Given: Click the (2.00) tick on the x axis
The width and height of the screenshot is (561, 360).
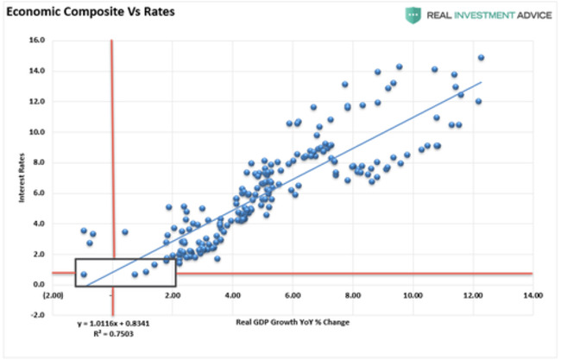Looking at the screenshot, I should pyautogui.click(x=53, y=295).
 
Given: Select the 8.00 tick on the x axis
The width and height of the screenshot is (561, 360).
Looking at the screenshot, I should pyautogui.click(x=352, y=295).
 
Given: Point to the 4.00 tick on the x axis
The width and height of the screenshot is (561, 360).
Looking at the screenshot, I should pyautogui.click(x=232, y=295).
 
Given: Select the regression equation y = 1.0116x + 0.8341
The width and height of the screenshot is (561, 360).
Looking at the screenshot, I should pyautogui.click(x=113, y=323).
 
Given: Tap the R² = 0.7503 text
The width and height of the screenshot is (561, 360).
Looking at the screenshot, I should pyautogui.click(x=113, y=333).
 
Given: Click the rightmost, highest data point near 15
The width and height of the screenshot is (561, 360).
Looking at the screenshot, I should pyautogui.click(x=481, y=58).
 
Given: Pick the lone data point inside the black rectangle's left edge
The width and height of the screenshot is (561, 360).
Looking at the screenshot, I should pyautogui.click(x=84, y=275).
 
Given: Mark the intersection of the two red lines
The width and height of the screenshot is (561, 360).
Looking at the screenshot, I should pyautogui.click(x=112, y=274).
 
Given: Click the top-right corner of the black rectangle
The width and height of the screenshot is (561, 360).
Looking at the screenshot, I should pyautogui.click(x=175, y=259).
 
